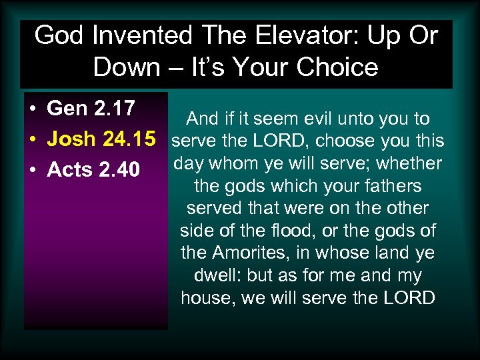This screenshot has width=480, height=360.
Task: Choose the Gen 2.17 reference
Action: pos(91,108)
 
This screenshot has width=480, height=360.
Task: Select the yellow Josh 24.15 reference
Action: pos(102,139)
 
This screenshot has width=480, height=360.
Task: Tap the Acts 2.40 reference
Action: pos(93,170)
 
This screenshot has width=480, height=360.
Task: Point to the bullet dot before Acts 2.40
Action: pos(33,171)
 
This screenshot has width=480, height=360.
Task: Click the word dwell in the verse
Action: pos(217,275)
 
